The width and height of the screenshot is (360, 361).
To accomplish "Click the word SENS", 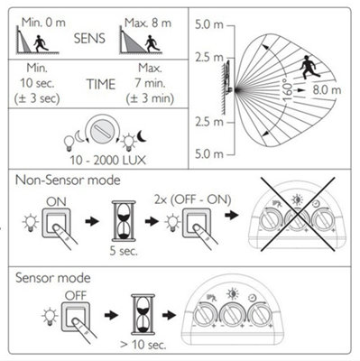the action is coord(89,39).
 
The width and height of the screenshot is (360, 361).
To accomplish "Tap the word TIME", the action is coord(101,84).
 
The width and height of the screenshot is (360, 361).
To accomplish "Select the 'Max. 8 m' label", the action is coord(148,23).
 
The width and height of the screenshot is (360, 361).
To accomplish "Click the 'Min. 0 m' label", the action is coord(43,23).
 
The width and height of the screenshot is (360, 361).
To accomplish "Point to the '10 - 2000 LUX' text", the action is coord(107,161).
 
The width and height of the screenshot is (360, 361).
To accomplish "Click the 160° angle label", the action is coord(288,89).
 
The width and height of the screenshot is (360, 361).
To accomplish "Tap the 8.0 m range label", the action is coord(327,90).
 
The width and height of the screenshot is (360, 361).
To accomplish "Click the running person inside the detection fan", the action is coord(307,67).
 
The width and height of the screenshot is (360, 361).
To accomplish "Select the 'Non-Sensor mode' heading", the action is coord(68,180).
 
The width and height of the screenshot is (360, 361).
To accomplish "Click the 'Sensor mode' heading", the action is coord(53,278).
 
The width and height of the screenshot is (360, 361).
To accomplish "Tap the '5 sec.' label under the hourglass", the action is coord(124,251).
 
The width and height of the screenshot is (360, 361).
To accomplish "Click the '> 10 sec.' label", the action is coord(143,345).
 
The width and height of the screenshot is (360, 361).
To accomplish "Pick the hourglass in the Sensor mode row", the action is coord(143,315).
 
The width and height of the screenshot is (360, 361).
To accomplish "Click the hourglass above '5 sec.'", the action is coord(124,221).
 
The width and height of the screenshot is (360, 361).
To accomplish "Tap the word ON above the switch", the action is coord(56,202).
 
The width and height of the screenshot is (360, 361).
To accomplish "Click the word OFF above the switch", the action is coord(76,295).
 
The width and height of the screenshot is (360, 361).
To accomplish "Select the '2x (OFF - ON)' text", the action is coord(193,199).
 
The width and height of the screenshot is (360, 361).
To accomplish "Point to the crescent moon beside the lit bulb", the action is coord(142,135).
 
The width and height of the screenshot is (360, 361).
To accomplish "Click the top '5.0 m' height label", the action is coord(209,24).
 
